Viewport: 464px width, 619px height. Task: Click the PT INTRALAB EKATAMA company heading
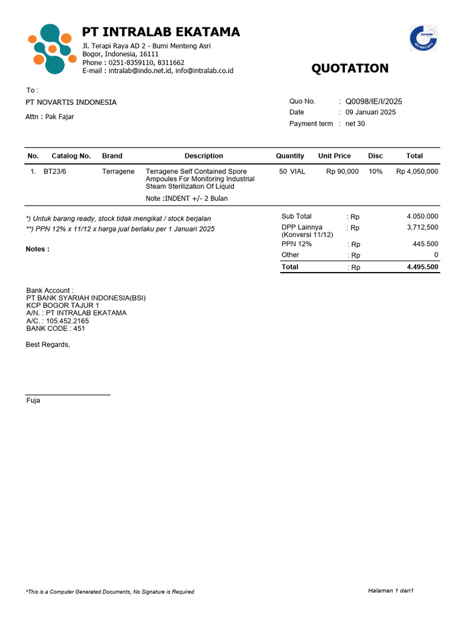click(161, 32)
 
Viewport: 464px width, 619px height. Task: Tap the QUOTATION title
click(350, 68)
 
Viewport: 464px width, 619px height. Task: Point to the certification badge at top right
click(423, 38)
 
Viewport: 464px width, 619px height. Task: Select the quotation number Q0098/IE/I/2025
click(374, 102)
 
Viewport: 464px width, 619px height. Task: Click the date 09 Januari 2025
click(371, 112)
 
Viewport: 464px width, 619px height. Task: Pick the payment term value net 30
click(355, 124)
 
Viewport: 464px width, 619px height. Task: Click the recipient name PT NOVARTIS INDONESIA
click(71, 103)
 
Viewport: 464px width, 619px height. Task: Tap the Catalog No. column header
click(71, 156)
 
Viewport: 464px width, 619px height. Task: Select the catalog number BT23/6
click(55, 172)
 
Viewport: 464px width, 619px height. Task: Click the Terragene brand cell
click(118, 172)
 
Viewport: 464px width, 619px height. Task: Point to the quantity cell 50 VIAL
click(292, 172)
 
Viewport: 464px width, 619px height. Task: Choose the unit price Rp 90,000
click(343, 172)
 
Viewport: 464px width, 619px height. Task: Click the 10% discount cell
click(375, 172)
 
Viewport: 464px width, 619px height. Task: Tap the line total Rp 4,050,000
click(417, 172)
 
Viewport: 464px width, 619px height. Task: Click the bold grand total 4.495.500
click(423, 267)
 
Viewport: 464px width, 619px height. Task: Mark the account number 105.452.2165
click(67, 321)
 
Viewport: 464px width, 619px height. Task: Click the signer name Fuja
click(33, 401)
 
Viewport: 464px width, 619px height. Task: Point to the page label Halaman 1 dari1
click(390, 590)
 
